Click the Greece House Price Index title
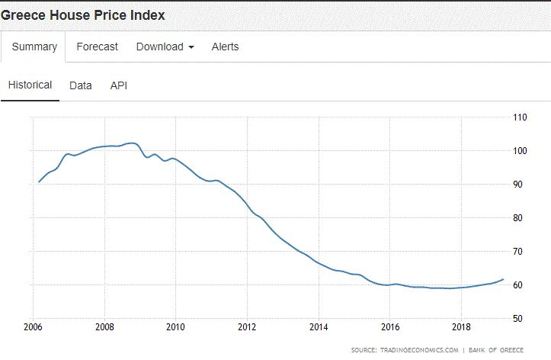82,14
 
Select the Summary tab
34,47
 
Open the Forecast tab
98,47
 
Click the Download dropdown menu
165,47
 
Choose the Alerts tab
225,47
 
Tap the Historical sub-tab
30,85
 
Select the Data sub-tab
81,85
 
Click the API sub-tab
119,85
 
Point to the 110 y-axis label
521,117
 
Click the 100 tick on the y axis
521,151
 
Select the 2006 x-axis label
33,328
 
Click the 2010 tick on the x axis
176,328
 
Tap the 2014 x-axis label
319,328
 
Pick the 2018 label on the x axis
461,328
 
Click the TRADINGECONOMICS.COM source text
415,350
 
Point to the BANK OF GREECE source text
496,350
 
